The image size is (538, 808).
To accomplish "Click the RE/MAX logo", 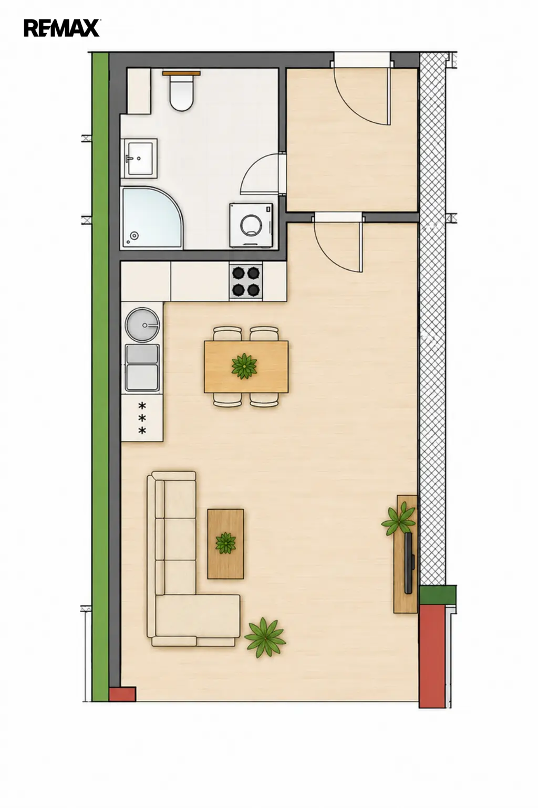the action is click(x=62, y=28).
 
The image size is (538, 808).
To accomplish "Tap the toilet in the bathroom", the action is click(x=182, y=93).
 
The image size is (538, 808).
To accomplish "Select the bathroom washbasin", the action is click(x=141, y=158).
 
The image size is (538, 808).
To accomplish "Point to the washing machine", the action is click(x=251, y=225).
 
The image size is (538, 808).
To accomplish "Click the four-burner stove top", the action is click(x=246, y=281).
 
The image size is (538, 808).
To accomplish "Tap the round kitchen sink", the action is click(x=142, y=324).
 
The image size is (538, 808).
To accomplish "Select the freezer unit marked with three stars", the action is click(x=142, y=418).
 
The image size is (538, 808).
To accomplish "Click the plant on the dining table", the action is click(x=244, y=366).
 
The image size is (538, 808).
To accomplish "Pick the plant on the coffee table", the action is click(x=226, y=543).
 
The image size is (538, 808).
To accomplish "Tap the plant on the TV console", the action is click(x=399, y=519).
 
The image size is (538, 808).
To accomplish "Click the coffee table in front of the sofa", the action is click(x=225, y=544).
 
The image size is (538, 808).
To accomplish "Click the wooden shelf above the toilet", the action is click(x=181, y=73).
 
